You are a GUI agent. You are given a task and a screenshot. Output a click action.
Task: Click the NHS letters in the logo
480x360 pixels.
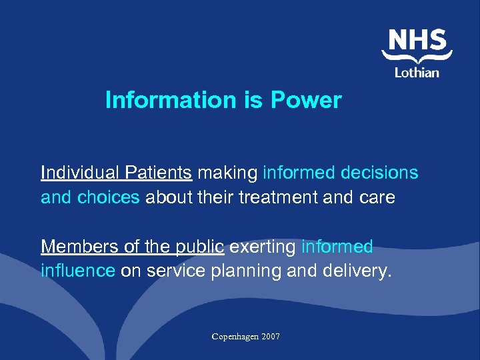[417, 41]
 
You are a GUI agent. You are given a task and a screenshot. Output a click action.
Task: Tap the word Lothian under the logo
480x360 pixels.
[417, 71]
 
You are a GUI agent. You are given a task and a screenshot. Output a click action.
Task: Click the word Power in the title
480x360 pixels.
[306, 101]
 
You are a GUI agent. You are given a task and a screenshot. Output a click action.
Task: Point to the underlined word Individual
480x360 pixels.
[78, 173]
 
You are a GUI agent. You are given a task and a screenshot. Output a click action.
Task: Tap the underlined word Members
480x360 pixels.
[81, 247]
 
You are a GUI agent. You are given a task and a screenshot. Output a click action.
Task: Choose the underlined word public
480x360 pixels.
[202, 247]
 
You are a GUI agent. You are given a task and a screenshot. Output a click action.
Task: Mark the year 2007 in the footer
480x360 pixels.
[270, 337]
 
